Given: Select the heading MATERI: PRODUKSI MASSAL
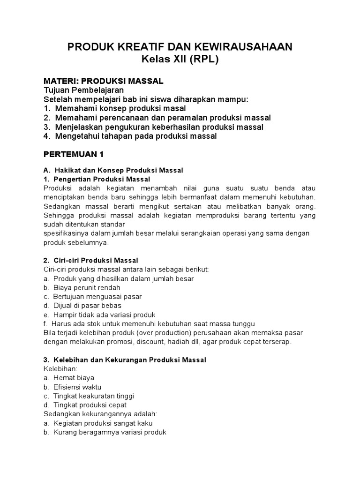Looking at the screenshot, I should (x=103, y=81).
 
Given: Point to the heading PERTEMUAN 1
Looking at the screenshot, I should (x=73, y=154).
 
